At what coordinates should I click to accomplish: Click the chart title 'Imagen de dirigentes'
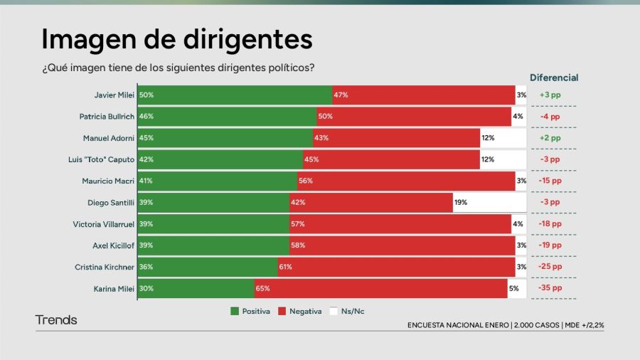[x=176, y=38]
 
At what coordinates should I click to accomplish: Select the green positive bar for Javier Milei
[x=235, y=95]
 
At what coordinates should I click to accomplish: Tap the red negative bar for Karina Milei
[x=381, y=288]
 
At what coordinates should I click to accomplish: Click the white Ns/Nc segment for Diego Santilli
[x=489, y=202]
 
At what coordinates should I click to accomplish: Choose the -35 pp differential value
[x=550, y=288]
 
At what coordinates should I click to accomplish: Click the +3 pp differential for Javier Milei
[x=550, y=95]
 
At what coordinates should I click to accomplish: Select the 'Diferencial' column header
[x=554, y=78]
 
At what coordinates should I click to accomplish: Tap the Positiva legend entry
[x=250, y=312]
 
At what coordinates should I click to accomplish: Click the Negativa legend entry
[x=299, y=312]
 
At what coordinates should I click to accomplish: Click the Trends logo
[x=56, y=320]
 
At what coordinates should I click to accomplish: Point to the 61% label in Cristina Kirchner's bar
[x=285, y=267]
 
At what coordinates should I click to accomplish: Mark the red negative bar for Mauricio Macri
[x=406, y=181]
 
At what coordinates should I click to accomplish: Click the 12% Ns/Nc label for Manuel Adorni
[x=487, y=138]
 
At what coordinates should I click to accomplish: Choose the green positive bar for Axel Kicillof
[x=213, y=245]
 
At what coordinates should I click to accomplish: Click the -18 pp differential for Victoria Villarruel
[x=550, y=223]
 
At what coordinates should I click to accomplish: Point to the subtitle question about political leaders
[x=178, y=68]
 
